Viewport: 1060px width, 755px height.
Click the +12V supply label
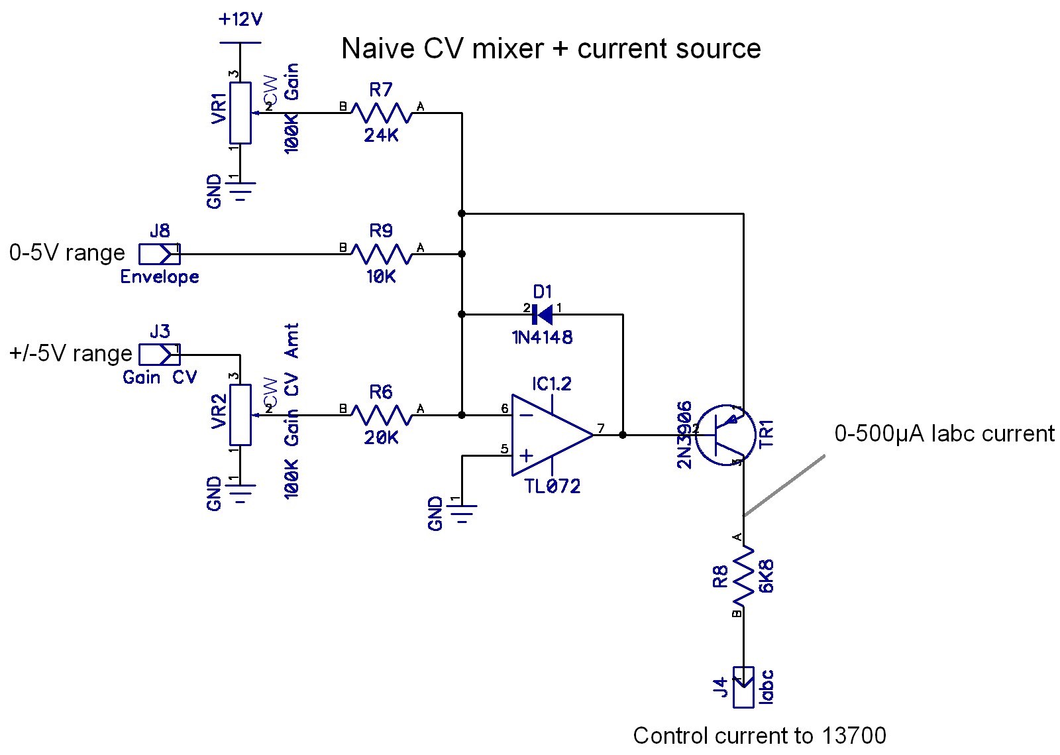(240, 20)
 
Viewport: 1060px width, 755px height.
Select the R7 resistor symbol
(381, 113)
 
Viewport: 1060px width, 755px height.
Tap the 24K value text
(381, 135)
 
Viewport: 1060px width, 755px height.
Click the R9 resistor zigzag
(381, 255)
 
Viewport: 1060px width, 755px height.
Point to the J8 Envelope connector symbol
(159, 254)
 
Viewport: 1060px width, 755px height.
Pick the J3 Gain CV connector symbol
(159, 355)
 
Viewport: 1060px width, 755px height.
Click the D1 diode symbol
(543, 315)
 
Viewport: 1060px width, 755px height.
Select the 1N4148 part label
(542, 337)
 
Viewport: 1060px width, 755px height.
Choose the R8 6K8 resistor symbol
(743, 575)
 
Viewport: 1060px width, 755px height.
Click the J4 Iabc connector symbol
(743, 687)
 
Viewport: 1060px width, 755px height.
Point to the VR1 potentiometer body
(240, 113)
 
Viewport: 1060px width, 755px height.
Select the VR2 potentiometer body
(240, 415)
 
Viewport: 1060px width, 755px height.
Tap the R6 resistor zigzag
(381, 416)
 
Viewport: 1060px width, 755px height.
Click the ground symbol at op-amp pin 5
(462, 512)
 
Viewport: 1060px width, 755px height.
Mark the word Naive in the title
(376, 49)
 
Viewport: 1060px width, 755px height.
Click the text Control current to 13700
(759, 736)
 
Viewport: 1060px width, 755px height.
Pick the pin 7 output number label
(601, 428)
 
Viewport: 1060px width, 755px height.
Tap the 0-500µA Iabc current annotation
(944, 434)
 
